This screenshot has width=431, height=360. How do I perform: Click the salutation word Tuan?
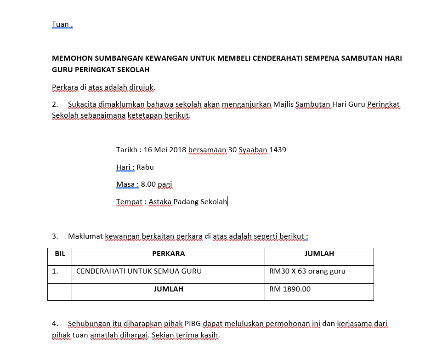[60, 24]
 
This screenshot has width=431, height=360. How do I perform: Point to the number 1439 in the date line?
[278, 150]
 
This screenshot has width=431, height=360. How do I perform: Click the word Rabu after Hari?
[145, 167]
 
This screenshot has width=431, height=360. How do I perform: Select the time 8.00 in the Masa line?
[148, 184]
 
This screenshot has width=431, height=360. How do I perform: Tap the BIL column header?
[60, 254]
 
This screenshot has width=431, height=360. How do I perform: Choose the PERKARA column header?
[168, 254]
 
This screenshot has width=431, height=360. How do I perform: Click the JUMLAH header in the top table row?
[319, 254]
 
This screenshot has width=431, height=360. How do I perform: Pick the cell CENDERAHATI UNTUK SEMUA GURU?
[139, 271]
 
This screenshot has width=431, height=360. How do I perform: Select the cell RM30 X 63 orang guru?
[307, 271]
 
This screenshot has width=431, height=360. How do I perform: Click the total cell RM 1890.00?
[290, 289]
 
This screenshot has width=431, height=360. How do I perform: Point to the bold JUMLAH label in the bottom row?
[168, 289]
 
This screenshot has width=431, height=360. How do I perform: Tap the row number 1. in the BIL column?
[55, 271]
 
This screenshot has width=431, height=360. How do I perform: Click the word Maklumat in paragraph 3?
[85, 236]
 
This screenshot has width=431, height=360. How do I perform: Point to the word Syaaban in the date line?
[253, 150]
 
